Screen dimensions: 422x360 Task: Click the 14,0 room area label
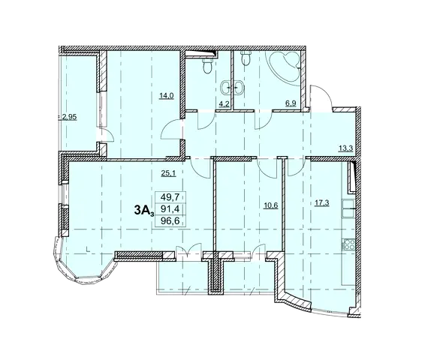click(x=166, y=96)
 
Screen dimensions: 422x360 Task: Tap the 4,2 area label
click(x=224, y=103)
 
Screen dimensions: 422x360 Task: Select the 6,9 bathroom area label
click(x=291, y=103)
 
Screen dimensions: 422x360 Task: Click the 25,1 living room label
click(x=168, y=173)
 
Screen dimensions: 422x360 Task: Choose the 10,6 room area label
click(x=270, y=206)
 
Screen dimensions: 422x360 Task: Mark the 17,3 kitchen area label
click(x=322, y=203)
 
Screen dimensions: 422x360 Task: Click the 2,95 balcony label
click(x=69, y=117)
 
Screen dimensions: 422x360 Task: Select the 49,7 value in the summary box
click(x=170, y=197)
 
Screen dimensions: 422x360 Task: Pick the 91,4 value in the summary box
click(x=170, y=209)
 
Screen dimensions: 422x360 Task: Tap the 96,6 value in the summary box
click(x=170, y=221)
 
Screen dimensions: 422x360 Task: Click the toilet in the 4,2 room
click(x=207, y=66)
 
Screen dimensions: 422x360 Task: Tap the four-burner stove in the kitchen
click(x=349, y=244)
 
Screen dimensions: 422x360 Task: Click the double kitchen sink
click(x=349, y=208)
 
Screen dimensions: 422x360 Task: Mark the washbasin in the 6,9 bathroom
click(x=241, y=88)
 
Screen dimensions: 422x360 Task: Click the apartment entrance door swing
click(x=321, y=96)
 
